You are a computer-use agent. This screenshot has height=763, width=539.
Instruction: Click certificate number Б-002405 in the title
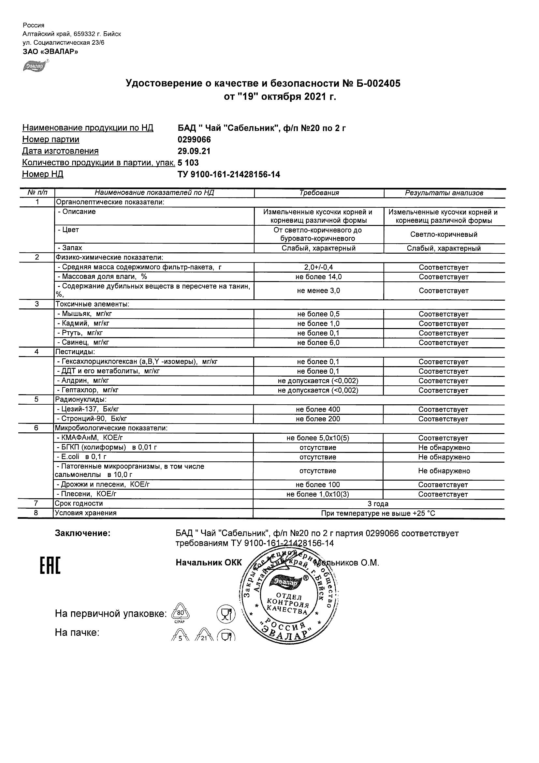(x=379, y=83)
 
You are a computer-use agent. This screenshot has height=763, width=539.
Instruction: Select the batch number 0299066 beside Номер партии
(x=194, y=140)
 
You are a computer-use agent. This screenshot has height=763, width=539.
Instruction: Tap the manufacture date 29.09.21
(x=194, y=151)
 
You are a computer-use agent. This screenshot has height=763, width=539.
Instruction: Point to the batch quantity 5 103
(x=188, y=163)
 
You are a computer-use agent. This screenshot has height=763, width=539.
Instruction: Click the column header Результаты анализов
(x=444, y=193)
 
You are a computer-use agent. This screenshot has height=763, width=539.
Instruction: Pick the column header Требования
(x=319, y=193)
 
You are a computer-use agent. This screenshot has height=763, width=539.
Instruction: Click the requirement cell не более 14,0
(x=318, y=277)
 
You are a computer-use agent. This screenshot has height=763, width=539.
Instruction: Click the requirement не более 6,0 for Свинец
(x=318, y=343)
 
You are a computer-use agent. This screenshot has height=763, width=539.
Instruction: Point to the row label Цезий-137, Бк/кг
(x=88, y=410)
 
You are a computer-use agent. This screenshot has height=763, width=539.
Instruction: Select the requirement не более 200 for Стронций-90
(x=318, y=419)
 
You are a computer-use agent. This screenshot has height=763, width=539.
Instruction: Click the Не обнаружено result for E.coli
(x=444, y=457)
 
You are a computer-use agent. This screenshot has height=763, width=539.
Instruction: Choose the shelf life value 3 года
(x=378, y=504)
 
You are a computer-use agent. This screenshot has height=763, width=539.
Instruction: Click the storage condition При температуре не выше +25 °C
(x=378, y=514)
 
